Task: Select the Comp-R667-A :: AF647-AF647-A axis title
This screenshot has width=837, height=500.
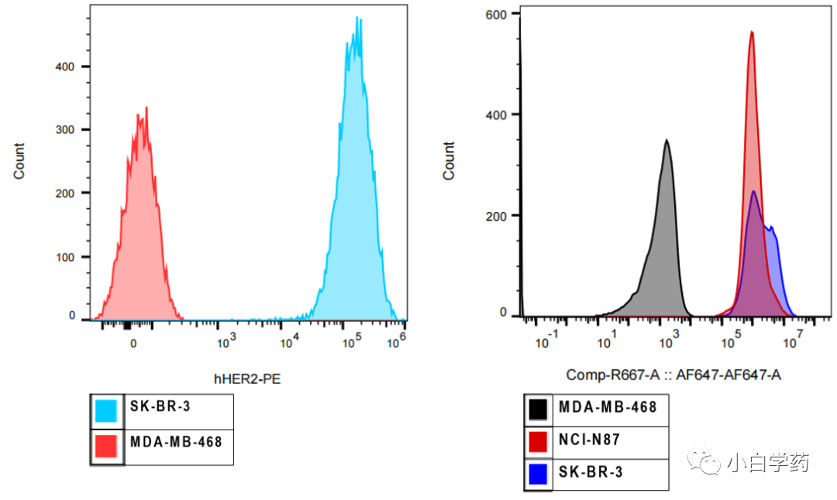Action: (x=673, y=375)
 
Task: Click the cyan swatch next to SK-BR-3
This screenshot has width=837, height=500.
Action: (x=106, y=410)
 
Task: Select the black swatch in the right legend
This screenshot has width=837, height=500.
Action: (x=539, y=408)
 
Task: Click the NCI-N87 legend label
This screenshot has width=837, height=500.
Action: (x=589, y=440)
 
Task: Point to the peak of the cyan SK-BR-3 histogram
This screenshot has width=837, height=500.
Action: (x=356, y=18)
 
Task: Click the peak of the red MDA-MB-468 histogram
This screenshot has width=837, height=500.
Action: (x=146, y=108)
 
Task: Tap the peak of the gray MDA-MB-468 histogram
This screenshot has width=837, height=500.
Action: (x=666, y=140)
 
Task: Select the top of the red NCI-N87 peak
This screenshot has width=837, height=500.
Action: (x=752, y=32)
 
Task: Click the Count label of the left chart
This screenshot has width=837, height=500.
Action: (x=19, y=161)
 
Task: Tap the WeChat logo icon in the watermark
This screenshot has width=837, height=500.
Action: (x=708, y=462)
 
